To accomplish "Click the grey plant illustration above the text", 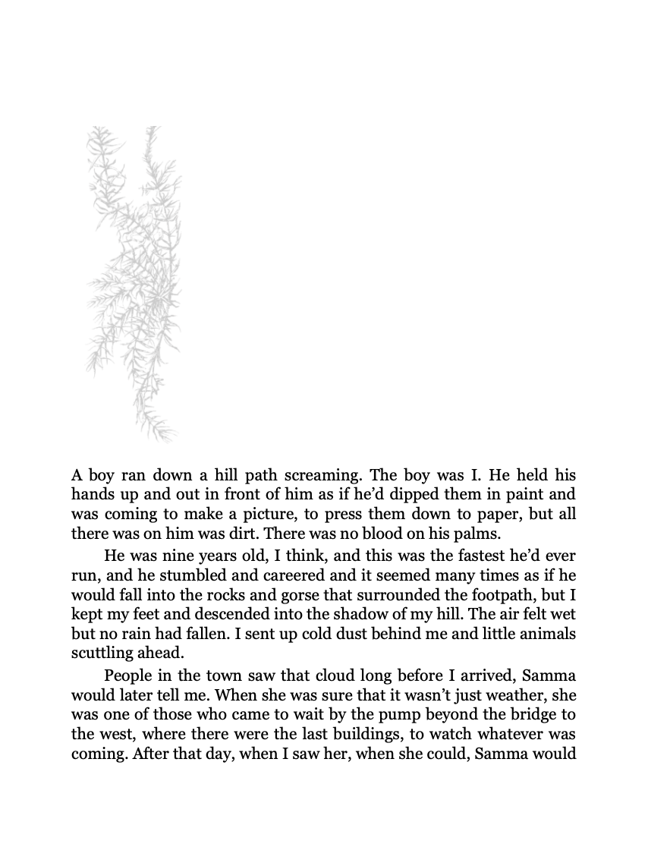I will (x=134, y=281).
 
